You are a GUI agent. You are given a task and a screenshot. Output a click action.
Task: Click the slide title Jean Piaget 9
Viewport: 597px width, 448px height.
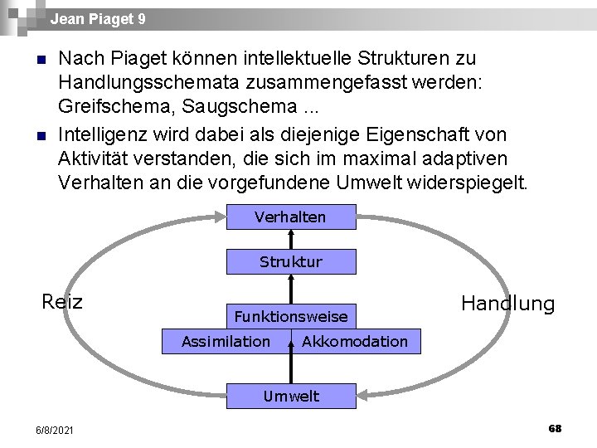[97, 18]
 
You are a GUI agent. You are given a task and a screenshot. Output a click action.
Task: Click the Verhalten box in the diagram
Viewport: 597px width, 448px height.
[291, 217]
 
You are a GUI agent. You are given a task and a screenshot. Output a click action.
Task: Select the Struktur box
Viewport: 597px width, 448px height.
[291, 262]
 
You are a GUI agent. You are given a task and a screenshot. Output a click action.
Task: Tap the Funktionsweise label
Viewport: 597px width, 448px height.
[291, 316]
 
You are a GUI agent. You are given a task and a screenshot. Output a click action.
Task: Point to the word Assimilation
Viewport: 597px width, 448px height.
[226, 341]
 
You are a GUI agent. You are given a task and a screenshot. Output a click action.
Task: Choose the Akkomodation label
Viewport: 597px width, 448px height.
[355, 341]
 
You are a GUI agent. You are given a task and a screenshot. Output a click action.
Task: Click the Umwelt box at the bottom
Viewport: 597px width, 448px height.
[291, 396]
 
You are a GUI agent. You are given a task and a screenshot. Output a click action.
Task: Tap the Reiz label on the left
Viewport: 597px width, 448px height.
[62, 301]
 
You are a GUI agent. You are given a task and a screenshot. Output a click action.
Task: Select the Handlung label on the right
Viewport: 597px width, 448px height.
[507, 304]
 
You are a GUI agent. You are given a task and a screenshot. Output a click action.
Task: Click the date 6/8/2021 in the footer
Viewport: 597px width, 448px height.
[55, 430]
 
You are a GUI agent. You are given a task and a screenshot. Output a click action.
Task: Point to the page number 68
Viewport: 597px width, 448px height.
[555, 428]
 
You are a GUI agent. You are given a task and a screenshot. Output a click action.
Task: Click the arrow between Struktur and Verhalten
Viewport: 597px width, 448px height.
[291, 240]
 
